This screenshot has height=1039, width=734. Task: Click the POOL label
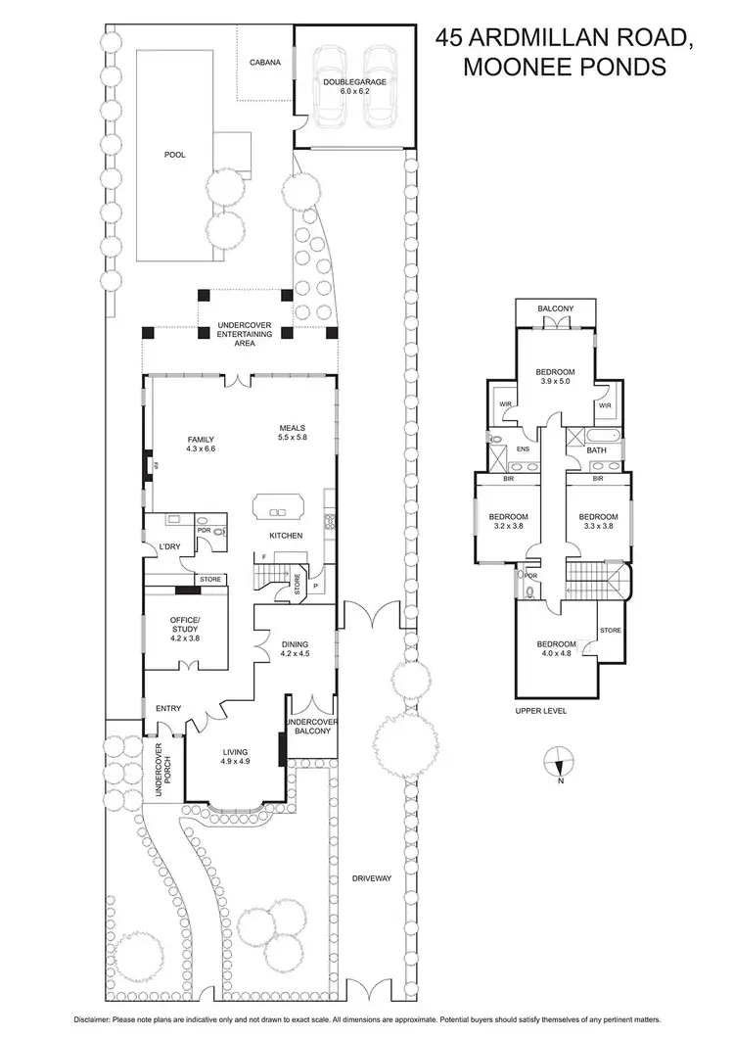(174, 155)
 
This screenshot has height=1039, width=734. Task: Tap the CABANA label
(265, 62)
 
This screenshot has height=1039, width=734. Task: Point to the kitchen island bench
(278, 507)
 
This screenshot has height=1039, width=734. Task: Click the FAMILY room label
(200, 439)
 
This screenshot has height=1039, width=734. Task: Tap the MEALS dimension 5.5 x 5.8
(293, 437)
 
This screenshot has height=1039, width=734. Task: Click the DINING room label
(295, 643)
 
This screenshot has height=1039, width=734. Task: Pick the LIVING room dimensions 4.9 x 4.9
(234, 761)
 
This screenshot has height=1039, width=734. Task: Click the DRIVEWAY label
(372, 878)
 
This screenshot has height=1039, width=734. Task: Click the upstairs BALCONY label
(555, 309)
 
